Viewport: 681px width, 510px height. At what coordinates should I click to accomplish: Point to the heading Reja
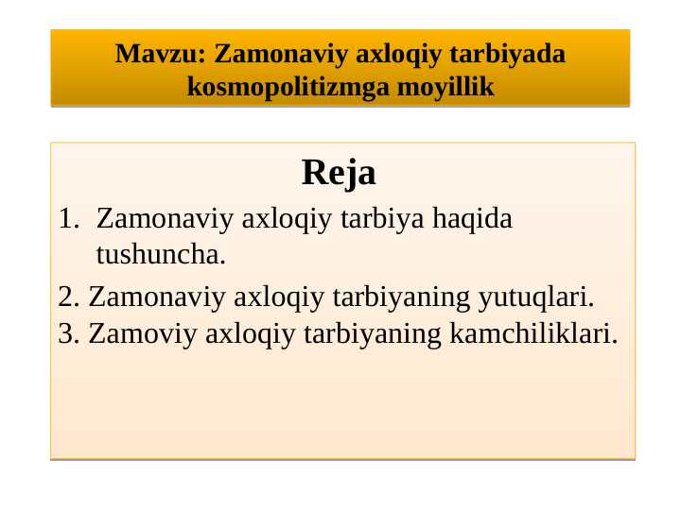pos(339,173)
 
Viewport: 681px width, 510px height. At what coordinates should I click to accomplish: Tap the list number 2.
pos(66,297)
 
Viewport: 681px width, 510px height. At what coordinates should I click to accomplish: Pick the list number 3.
pos(66,333)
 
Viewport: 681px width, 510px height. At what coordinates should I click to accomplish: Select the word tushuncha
pos(161,254)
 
